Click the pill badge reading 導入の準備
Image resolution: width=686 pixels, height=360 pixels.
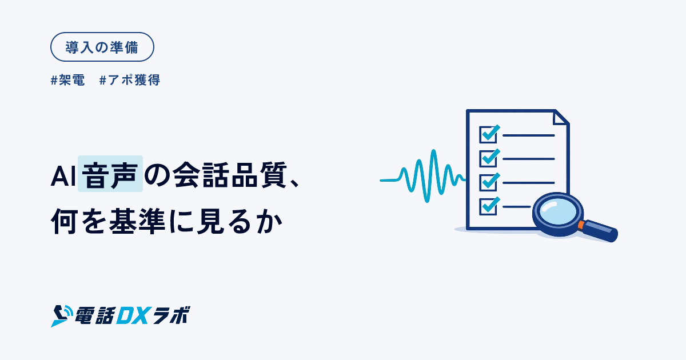(102, 47)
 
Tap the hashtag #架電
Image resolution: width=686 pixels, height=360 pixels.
(67, 80)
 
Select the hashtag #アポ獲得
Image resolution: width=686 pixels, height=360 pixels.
(130, 80)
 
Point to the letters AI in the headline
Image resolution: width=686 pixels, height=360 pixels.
(63, 177)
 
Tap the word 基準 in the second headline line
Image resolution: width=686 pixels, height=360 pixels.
(137, 221)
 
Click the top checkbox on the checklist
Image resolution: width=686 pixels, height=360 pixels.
(488, 135)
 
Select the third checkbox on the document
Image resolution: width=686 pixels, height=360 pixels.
(488, 182)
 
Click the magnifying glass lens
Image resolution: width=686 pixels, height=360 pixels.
(558, 212)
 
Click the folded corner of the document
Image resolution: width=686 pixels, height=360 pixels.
(561, 117)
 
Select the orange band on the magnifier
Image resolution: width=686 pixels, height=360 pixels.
(581, 225)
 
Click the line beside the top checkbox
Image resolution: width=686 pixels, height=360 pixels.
(529, 135)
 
